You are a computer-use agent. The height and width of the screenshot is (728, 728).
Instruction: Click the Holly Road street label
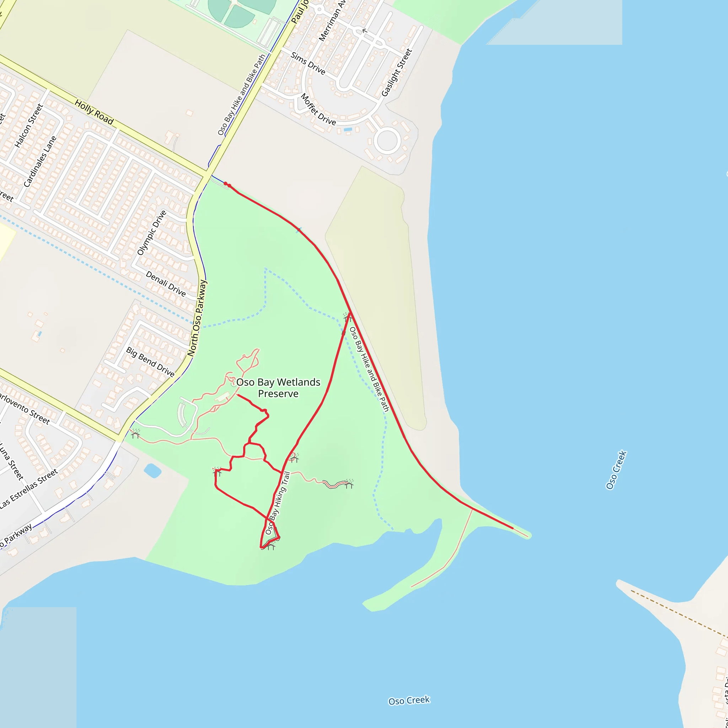pyautogui.click(x=94, y=112)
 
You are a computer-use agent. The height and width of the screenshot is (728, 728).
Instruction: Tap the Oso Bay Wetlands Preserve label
pyautogui.click(x=278, y=388)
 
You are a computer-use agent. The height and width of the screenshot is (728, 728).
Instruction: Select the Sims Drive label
pyautogui.click(x=308, y=63)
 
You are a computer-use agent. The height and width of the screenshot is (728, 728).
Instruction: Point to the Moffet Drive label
pyautogui.click(x=318, y=109)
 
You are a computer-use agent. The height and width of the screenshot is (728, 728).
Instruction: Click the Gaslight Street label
pyautogui.click(x=397, y=73)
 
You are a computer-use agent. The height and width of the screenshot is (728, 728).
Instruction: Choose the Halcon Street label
pyautogui.click(x=29, y=125)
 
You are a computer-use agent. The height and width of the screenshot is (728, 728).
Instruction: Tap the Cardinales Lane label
pyautogui.click(x=40, y=161)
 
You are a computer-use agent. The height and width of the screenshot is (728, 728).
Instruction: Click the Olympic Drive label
pyautogui.click(x=151, y=233)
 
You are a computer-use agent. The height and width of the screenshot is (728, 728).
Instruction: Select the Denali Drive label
pyautogui.click(x=166, y=284)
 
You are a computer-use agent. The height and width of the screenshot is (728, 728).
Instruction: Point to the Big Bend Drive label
pyautogui.click(x=150, y=362)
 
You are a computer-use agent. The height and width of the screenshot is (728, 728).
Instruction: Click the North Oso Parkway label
pyautogui.click(x=197, y=318)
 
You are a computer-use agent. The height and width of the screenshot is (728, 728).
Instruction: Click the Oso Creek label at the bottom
pyautogui.click(x=409, y=701)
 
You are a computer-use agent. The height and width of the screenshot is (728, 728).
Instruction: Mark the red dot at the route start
pyautogui.click(x=226, y=183)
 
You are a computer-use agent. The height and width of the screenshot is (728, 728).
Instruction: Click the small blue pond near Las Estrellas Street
pyautogui.click(x=152, y=471)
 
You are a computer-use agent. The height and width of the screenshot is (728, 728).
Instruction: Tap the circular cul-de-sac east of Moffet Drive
pyautogui.click(x=387, y=141)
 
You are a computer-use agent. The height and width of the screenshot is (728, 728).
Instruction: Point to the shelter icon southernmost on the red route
pyautogui.click(x=270, y=546)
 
